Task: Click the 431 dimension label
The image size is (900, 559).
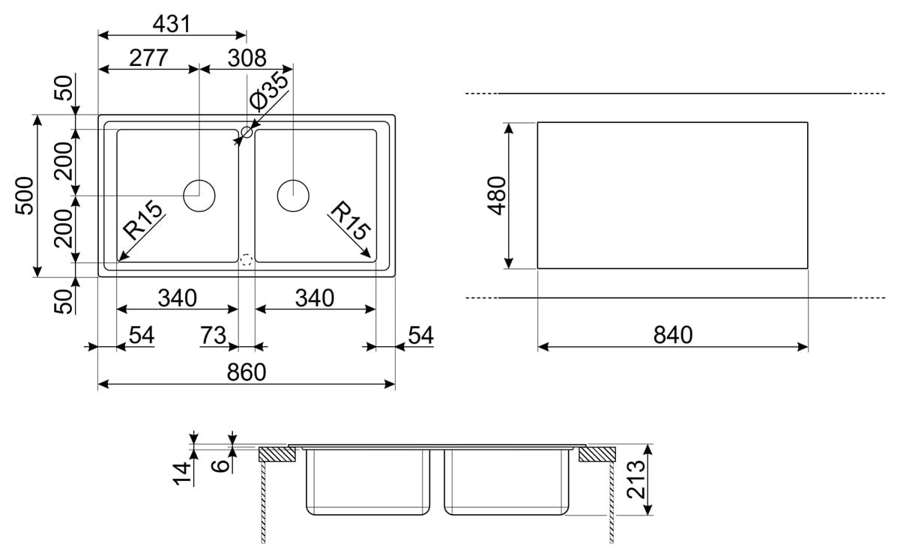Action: click(172, 24)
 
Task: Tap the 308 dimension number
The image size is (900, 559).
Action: click(247, 58)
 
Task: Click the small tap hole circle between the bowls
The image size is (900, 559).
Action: click(247, 133)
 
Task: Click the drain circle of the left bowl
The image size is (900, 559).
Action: click(199, 196)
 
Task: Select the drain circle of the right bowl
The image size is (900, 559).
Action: click(293, 196)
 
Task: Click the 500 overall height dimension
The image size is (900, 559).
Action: click(25, 196)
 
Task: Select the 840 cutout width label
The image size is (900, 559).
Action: click(673, 335)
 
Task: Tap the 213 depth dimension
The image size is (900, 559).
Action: click(635, 480)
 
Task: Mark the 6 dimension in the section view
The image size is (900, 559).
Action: click(220, 466)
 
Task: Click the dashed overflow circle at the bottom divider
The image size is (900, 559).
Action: click(247, 261)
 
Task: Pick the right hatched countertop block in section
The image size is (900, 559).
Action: click(597, 453)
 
